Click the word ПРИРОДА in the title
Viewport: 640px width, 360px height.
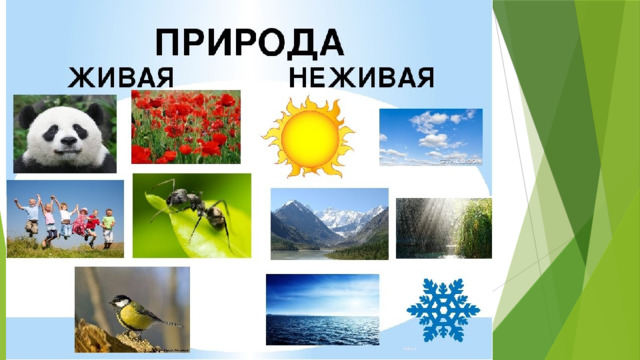point(249,43)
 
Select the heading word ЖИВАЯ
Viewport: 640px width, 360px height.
point(121,78)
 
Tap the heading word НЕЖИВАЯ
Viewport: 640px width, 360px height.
point(362,78)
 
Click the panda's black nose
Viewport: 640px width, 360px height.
point(69,141)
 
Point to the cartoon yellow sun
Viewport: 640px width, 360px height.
point(309,138)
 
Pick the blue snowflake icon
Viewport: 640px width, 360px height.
point(443,310)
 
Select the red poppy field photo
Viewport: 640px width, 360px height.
point(186,127)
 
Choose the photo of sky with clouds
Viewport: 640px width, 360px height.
point(431,137)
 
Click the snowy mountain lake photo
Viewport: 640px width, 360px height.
point(329,224)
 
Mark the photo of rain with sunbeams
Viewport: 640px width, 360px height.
point(444,228)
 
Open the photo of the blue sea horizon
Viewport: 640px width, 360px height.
point(322,309)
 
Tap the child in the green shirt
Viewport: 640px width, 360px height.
point(108,228)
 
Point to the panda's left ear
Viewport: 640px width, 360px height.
point(28,116)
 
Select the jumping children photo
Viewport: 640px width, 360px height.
point(65,219)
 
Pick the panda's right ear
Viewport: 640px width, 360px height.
point(95,113)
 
